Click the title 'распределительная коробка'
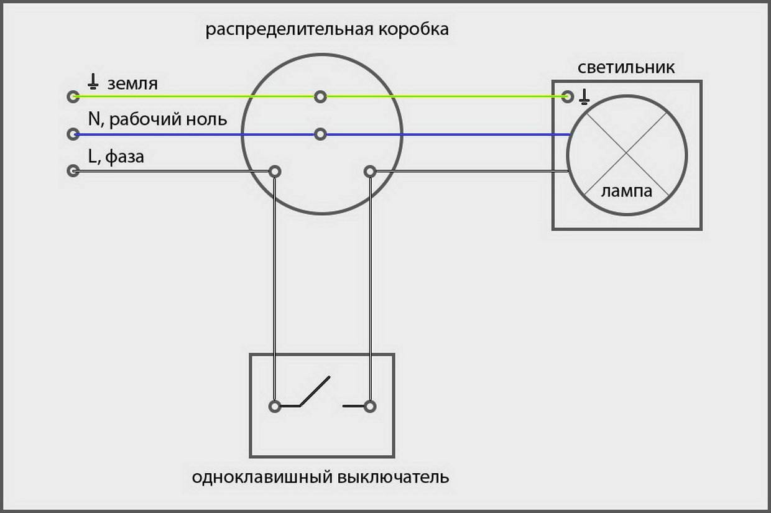click(x=327, y=30)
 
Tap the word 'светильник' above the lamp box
click(x=626, y=67)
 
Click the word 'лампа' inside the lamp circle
click(x=626, y=191)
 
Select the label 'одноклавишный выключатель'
click(x=320, y=478)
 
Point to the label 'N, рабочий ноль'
click(x=158, y=119)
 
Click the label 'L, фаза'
click(x=116, y=157)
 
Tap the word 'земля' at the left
click(x=132, y=83)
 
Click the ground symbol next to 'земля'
click(x=93, y=81)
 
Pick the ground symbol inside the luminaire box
click(x=584, y=96)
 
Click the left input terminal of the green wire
click(x=73, y=96)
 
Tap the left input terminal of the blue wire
click(x=73, y=134)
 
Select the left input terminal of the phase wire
click(x=73, y=170)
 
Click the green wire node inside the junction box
click(x=320, y=96)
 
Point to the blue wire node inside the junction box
click(x=320, y=134)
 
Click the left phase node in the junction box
click(x=274, y=171)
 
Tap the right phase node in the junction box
click(x=370, y=171)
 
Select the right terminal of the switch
click(x=370, y=406)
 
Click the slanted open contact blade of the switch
click(x=315, y=391)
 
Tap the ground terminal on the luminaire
click(x=567, y=96)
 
